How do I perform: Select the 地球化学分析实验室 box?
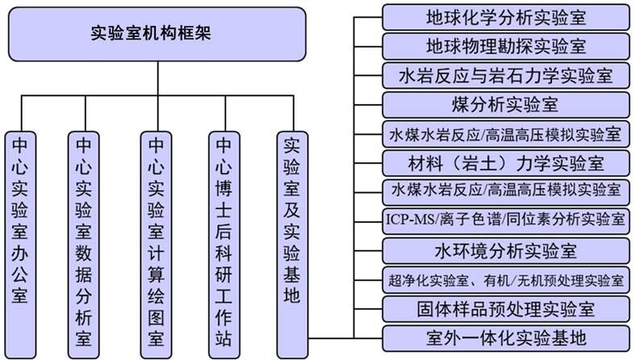505,16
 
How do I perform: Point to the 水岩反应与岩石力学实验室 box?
505,76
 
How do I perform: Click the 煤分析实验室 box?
505,105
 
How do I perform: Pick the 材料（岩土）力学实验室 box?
505,162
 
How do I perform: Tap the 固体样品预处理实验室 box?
505,308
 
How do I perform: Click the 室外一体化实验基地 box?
505,337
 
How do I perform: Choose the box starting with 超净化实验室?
505,279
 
